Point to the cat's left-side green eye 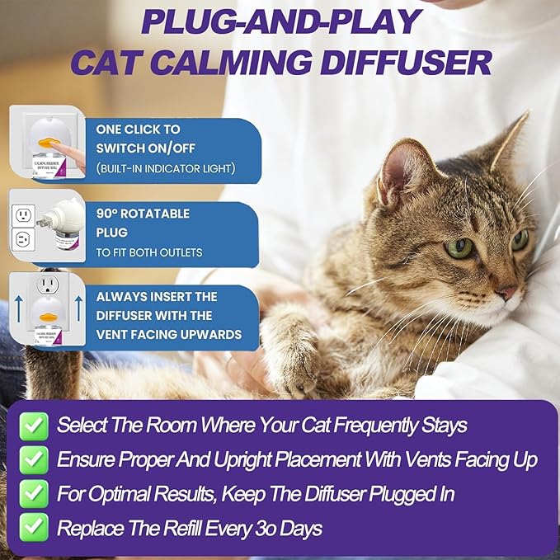pyautogui.click(x=459, y=247)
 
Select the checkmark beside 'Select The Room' pyautogui.click(x=34, y=426)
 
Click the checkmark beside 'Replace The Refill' pyautogui.click(x=34, y=527)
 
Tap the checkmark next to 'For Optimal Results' pyautogui.click(x=34, y=493)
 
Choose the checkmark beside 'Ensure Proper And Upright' pyautogui.click(x=34, y=459)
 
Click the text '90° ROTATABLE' pyautogui.click(x=143, y=214)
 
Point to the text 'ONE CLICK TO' pyautogui.click(x=138, y=129)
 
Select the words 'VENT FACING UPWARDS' pyautogui.click(x=168, y=334)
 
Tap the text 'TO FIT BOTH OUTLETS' pyautogui.click(x=148, y=252)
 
